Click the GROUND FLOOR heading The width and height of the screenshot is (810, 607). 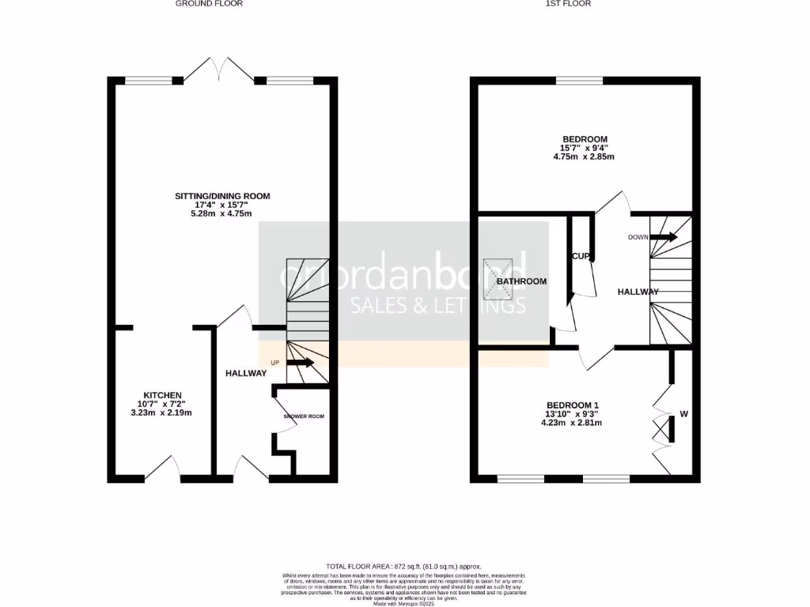[x=209, y=4]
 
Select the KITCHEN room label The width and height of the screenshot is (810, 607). [x=163, y=395]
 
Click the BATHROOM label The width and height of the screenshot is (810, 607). [x=521, y=281]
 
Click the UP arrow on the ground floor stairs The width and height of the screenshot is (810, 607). [x=301, y=363]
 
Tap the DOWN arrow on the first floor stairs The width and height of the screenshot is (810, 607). [x=664, y=236]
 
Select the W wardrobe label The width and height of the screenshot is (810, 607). [x=683, y=413]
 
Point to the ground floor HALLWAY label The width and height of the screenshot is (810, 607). [x=246, y=373]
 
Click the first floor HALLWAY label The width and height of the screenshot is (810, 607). [x=638, y=292]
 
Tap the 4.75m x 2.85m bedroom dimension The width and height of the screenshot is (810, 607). [x=584, y=156]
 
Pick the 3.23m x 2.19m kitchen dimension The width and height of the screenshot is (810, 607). [x=163, y=413]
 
